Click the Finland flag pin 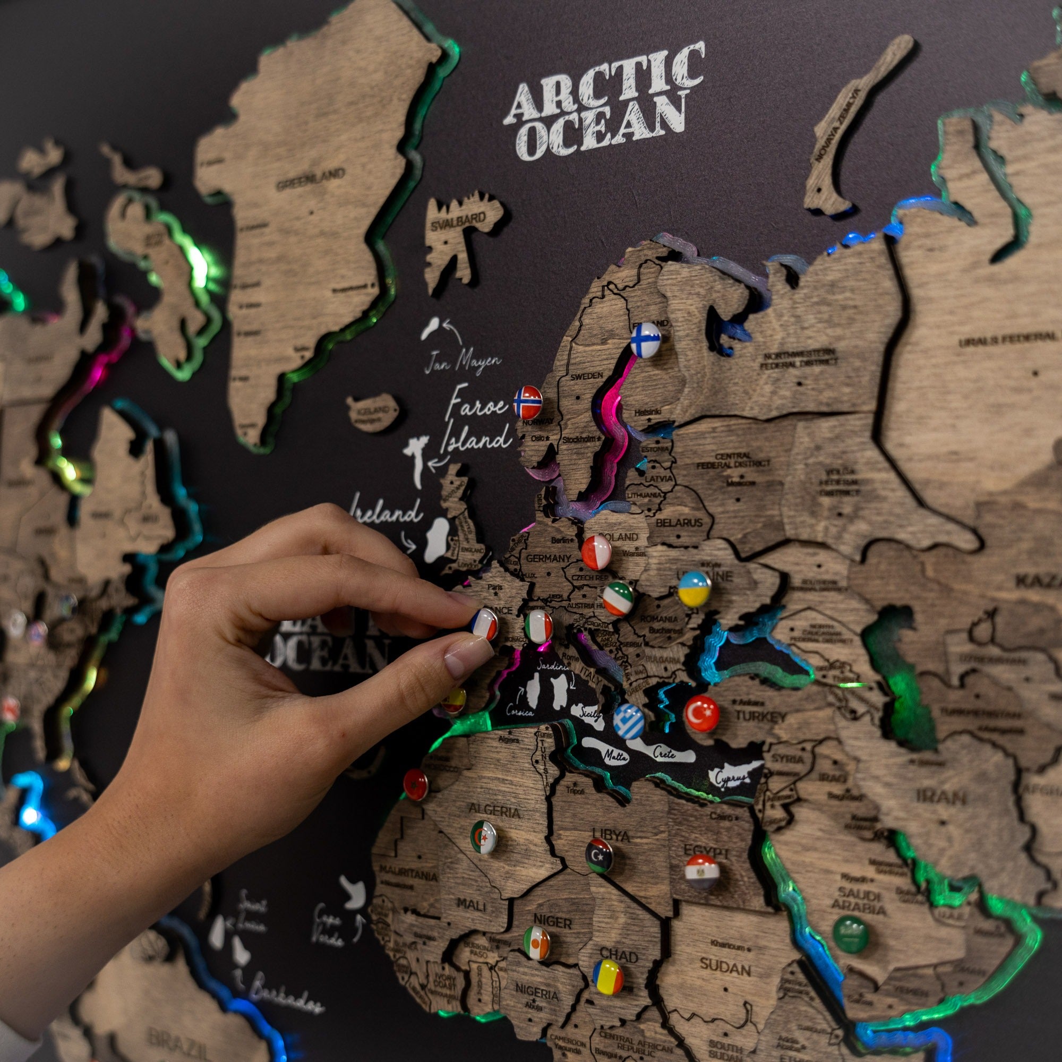(x=645, y=339)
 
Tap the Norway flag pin (x=527, y=401)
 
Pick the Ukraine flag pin (x=693, y=588)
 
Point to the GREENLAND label (x=310, y=179)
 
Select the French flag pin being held (x=484, y=624)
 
